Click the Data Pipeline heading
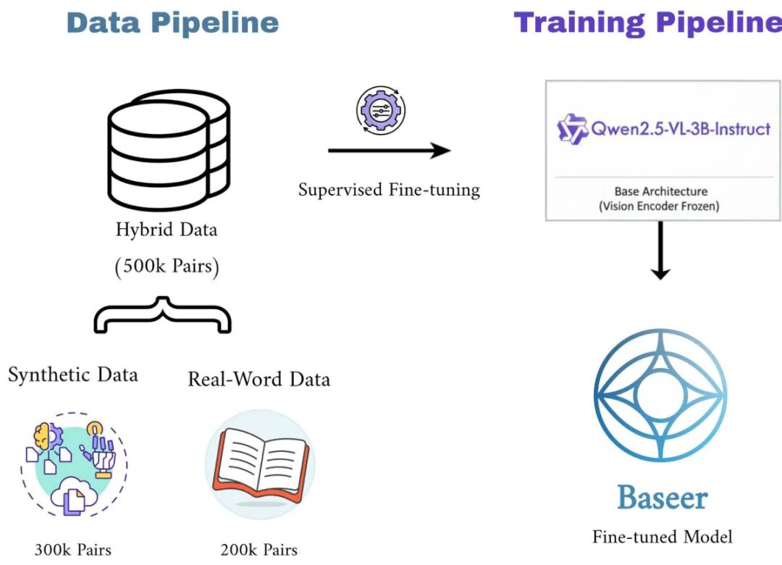(x=172, y=22)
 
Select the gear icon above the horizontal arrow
(x=381, y=111)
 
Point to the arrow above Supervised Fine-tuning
(x=389, y=151)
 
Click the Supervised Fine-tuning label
(x=389, y=190)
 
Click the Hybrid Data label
(x=167, y=230)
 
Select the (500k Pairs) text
(x=167, y=266)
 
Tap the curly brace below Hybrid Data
(x=163, y=314)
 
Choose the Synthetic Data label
(x=72, y=374)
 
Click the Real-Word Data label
(x=258, y=379)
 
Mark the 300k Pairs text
(x=73, y=549)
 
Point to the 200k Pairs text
(x=259, y=550)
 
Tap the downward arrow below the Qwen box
(x=660, y=251)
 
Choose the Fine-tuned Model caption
(x=662, y=537)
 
